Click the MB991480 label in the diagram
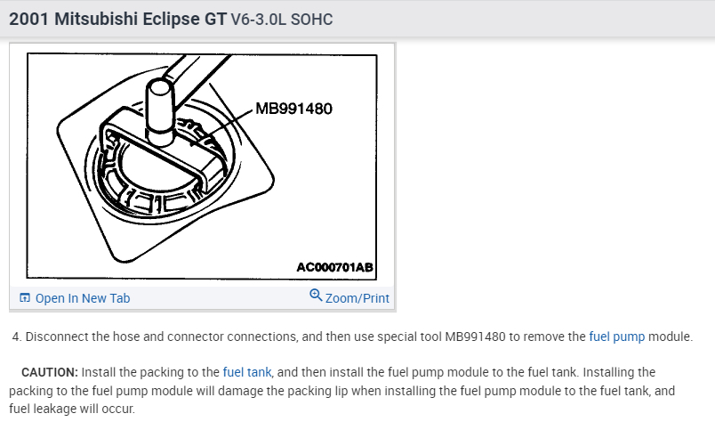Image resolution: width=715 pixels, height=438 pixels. pyautogui.click(x=293, y=109)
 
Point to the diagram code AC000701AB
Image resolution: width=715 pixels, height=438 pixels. pyautogui.click(x=334, y=267)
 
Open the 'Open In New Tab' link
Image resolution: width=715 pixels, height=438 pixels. pyautogui.click(x=83, y=298)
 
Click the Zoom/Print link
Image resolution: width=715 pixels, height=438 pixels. pyautogui.click(x=357, y=298)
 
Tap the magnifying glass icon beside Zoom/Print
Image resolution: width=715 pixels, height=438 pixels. pyautogui.click(x=316, y=296)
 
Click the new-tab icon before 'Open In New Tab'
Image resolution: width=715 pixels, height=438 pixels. pyautogui.click(x=25, y=298)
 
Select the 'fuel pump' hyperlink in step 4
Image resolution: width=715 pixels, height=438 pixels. pyautogui.click(x=617, y=337)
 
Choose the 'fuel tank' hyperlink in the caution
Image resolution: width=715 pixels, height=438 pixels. pyautogui.click(x=247, y=372)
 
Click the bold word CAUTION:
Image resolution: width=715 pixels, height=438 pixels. pyautogui.click(x=50, y=372)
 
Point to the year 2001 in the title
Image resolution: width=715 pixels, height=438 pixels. pyautogui.click(x=28, y=20)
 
